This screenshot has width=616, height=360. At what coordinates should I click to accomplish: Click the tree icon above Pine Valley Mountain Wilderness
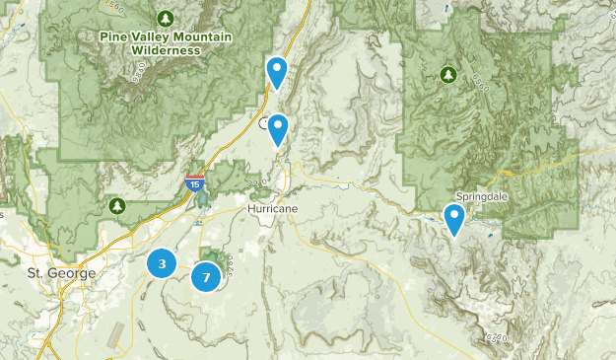(x=166, y=19)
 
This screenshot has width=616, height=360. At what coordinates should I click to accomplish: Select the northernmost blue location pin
(x=278, y=71)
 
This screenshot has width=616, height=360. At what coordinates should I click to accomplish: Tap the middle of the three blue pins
(x=279, y=128)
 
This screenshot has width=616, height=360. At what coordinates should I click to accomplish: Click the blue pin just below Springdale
(x=454, y=218)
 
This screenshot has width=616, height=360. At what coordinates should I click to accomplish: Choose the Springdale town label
(x=482, y=197)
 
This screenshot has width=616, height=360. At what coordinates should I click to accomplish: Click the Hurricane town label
(x=272, y=210)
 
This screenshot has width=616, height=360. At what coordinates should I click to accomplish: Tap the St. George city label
(x=61, y=272)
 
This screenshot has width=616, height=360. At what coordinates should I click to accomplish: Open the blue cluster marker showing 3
(x=162, y=263)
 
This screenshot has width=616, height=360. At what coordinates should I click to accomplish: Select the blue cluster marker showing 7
(x=206, y=277)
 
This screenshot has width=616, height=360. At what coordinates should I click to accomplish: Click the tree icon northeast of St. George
(x=117, y=205)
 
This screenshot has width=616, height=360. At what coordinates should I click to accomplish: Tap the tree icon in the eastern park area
(x=448, y=74)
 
